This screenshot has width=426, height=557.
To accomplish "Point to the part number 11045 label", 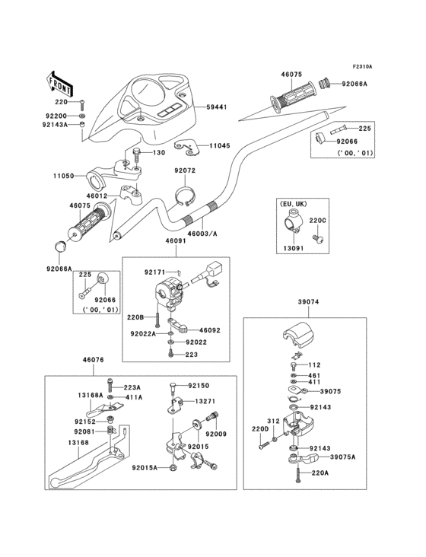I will click(219, 145).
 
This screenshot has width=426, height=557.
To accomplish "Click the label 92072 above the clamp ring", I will click(185, 171).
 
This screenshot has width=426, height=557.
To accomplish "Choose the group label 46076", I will click(93, 361).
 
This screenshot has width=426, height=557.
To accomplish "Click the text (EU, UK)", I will click(293, 204).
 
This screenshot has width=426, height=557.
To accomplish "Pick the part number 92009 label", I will click(216, 434).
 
